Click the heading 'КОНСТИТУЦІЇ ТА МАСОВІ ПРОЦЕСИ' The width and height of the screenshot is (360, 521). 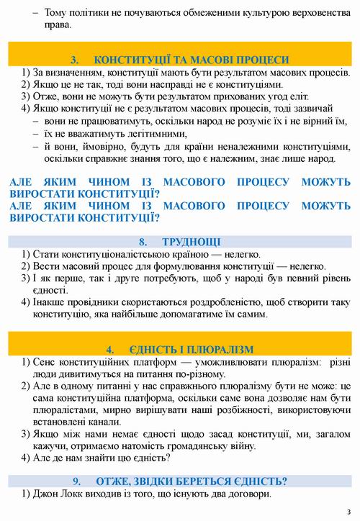tap(192, 60)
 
